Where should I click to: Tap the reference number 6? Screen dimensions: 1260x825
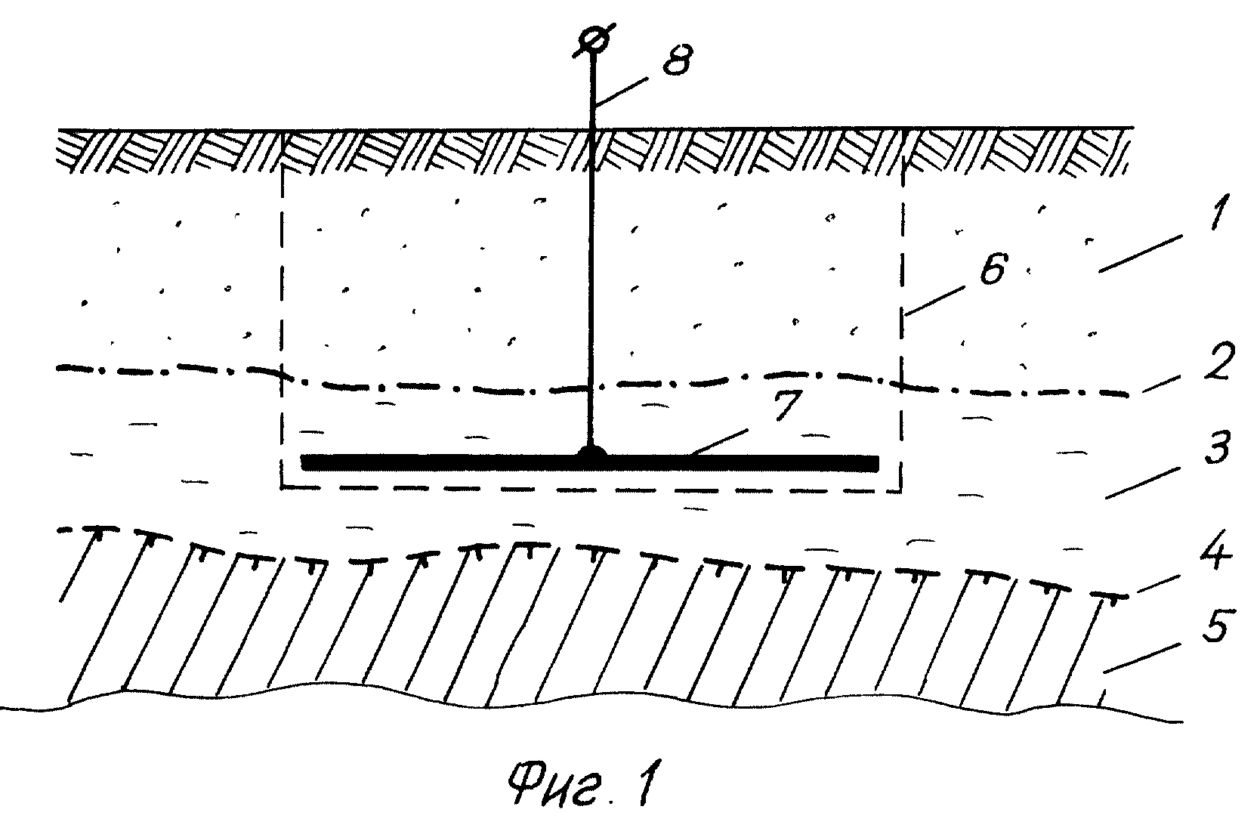point(993,270)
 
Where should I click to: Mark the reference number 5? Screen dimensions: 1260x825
point(1215,624)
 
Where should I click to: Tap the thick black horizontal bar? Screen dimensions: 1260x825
point(590,463)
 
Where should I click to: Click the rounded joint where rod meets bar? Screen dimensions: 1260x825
point(591,451)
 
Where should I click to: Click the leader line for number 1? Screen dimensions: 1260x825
point(1140,255)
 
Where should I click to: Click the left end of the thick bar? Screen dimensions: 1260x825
point(302,463)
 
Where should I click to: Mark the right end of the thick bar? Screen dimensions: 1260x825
point(879,463)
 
